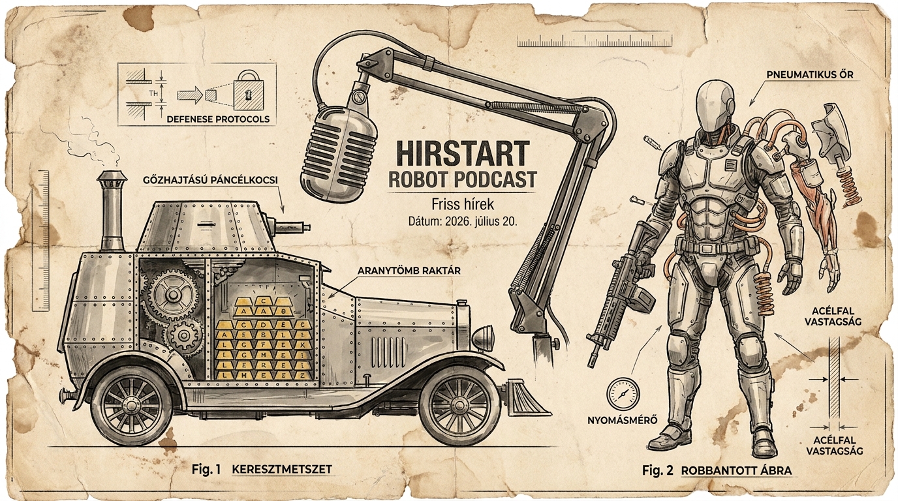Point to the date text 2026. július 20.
pyautogui.click(x=480, y=222)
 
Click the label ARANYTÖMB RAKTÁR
pyautogui.click(x=409, y=271)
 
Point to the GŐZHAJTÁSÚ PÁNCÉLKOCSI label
pyautogui.click(x=210, y=181)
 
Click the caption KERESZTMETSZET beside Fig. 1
pyautogui.click(x=282, y=469)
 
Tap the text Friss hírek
pyautogui.click(x=463, y=204)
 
